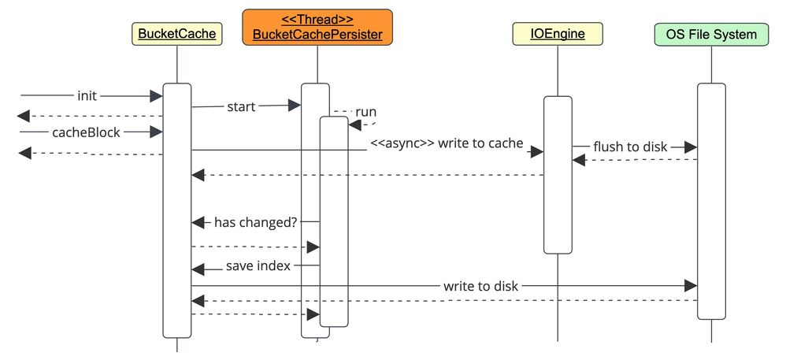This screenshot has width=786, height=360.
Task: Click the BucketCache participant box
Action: (176, 34)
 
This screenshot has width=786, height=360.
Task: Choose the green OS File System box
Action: (711, 34)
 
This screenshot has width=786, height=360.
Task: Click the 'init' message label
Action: (87, 95)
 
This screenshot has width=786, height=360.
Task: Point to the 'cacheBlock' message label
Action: (86, 132)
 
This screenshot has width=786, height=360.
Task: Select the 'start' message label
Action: (241, 106)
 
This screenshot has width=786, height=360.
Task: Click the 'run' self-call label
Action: (365, 111)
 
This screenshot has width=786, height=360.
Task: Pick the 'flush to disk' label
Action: (630, 147)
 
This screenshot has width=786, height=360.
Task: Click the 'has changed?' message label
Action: (255, 222)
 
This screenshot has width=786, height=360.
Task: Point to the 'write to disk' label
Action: (480, 286)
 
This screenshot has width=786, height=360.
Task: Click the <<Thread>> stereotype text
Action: (317, 19)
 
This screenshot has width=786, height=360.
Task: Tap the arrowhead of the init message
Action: (156, 95)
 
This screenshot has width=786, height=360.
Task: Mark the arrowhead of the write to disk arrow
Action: (691, 285)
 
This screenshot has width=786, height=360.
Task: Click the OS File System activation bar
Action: (711, 201)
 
